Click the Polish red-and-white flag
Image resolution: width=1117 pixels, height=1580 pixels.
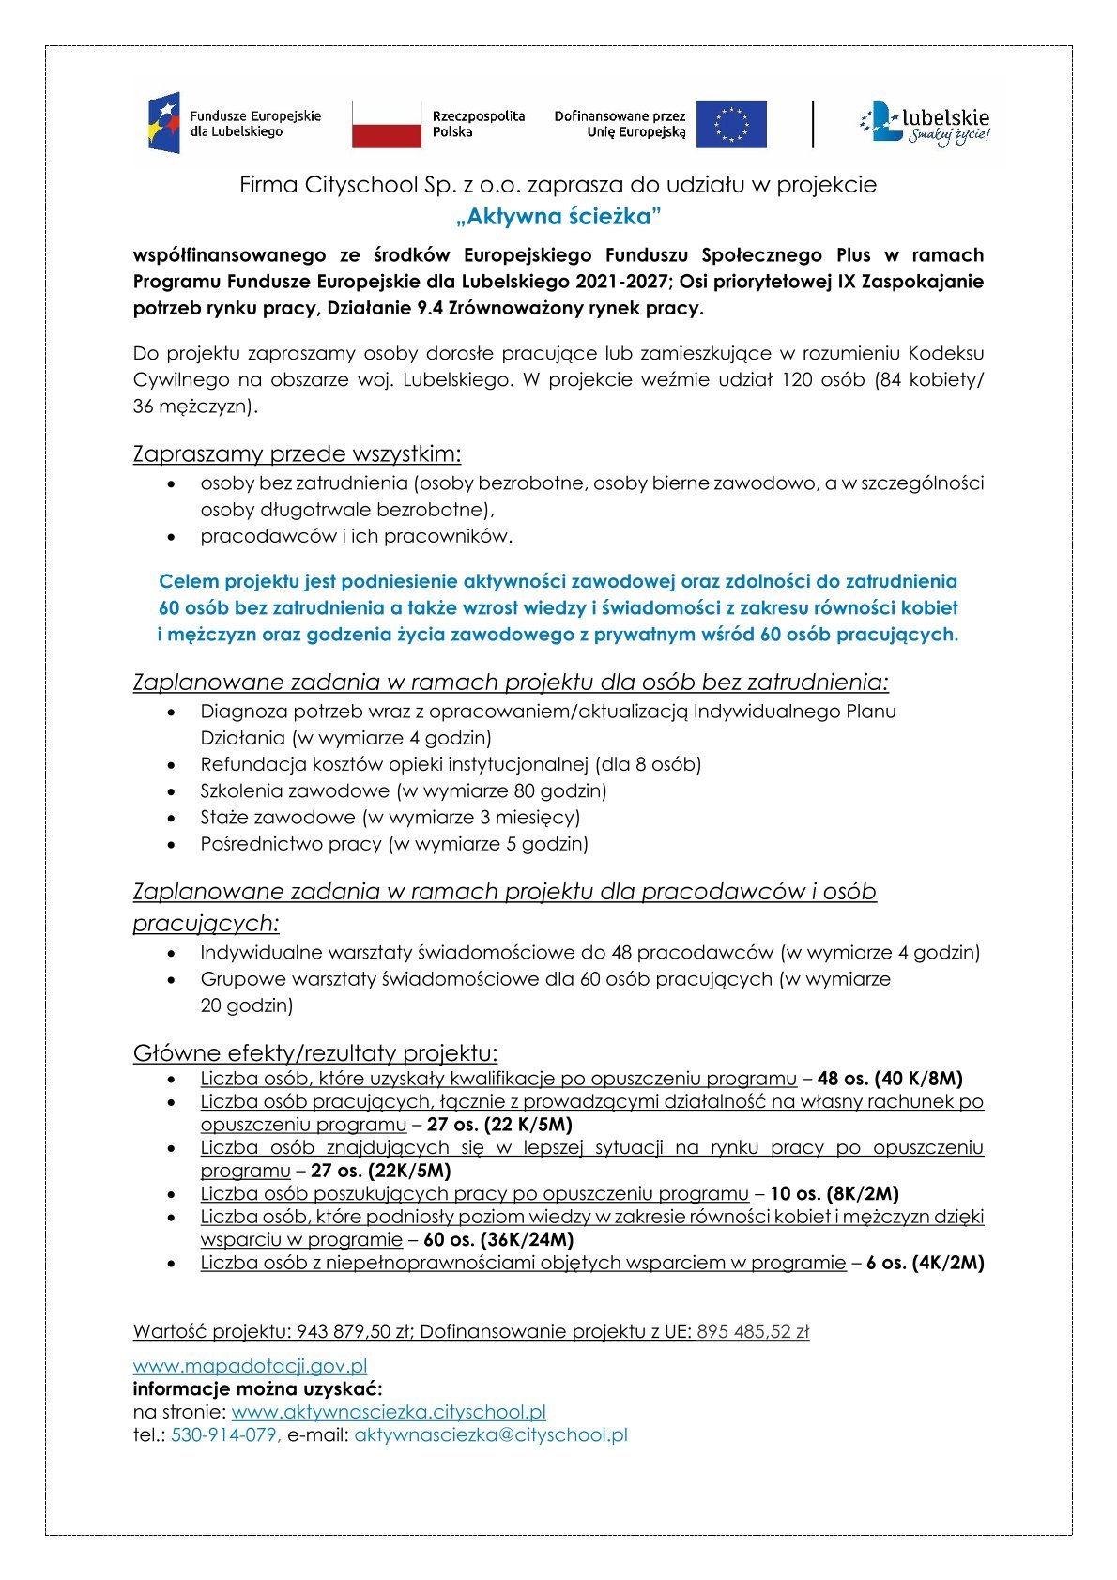pos(387,125)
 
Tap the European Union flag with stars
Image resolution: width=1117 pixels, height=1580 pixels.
pos(738,125)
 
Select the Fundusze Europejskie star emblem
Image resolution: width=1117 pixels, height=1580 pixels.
pos(163,124)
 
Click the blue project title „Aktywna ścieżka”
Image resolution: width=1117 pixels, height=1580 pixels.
pos(558,217)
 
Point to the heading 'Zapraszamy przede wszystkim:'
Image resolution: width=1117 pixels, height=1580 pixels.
pos(297,454)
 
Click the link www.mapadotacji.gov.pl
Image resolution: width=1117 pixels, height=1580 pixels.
pos(250,1366)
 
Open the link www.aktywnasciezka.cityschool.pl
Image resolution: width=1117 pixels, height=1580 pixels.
pos(389,1412)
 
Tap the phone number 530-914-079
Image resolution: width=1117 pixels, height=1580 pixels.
pos(224,1434)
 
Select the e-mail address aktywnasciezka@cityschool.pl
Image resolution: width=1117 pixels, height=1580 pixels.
pos(490,1434)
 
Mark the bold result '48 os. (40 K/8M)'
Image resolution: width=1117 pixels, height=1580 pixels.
pos(890,1079)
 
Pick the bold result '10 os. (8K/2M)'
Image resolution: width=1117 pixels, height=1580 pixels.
pos(834,1194)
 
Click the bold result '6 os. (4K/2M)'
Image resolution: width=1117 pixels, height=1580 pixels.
pos(925,1263)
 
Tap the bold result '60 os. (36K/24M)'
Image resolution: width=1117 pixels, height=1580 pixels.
pos(498,1239)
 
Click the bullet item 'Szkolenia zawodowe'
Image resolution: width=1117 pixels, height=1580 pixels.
pos(404,790)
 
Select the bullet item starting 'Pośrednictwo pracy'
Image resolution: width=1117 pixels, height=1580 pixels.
pos(394,843)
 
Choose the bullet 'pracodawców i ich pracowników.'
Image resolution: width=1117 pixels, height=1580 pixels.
pos(357,536)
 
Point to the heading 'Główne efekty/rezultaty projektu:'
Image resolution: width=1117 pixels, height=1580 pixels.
pos(315,1053)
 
